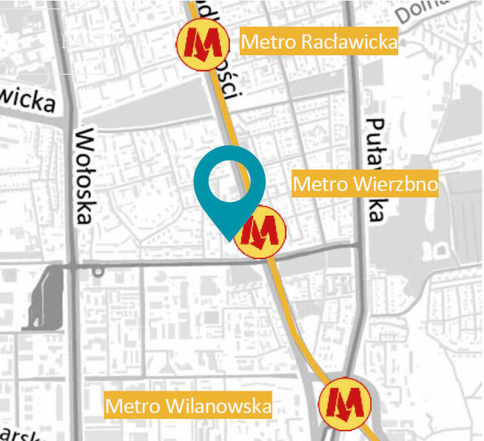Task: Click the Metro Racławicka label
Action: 319,42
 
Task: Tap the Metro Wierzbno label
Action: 365,184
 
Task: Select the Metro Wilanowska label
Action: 188,405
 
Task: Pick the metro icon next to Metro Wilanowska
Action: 345,403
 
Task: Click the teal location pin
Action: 229,189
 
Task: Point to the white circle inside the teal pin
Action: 229,181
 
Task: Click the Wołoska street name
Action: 85,176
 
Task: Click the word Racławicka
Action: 349,42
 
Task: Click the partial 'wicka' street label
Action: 28,99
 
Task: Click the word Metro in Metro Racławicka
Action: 268,42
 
